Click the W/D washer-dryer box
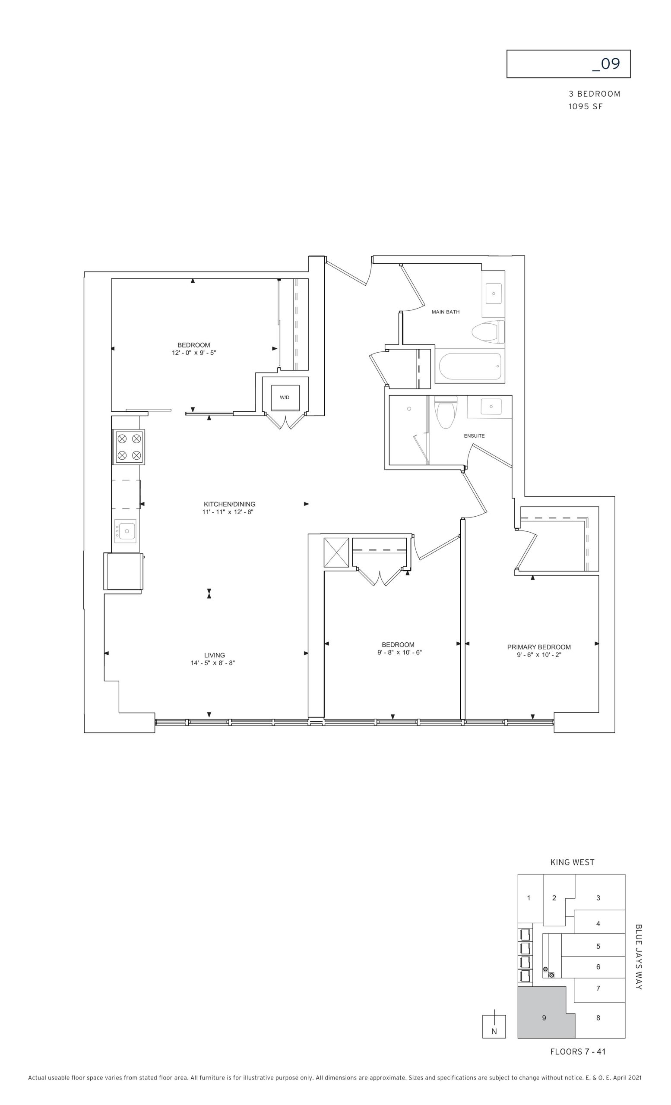(285, 397)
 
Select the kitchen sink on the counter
(125, 530)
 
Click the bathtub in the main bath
(470, 366)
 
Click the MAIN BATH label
(445, 312)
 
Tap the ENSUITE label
(474, 436)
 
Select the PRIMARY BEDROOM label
(539, 647)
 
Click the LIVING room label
(215, 655)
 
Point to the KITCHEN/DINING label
(229, 504)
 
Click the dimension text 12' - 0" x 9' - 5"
(194, 353)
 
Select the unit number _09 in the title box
(606, 64)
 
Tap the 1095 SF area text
(586, 107)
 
